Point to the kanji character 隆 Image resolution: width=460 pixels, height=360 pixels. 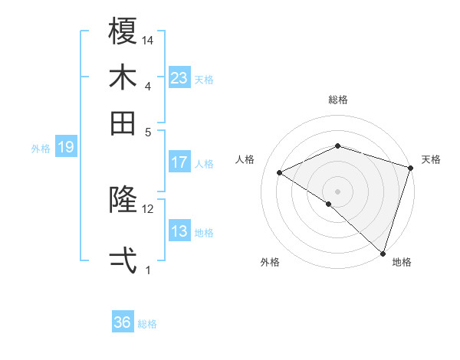(x=123, y=201)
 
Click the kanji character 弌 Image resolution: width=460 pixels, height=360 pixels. (x=123, y=261)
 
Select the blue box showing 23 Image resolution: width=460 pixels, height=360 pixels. (x=179, y=78)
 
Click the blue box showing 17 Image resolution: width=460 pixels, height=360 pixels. (x=179, y=162)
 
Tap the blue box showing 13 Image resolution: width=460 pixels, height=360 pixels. (x=179, y=231)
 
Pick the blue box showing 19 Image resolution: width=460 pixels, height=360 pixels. (x=66, y=148)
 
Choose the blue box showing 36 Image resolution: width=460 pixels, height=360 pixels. (x=123, y=322)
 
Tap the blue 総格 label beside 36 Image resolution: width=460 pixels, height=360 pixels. (x=147, y=324)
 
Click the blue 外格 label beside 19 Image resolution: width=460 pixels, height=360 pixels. (x=41, y=149)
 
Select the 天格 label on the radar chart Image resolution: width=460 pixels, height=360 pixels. (x=431, y=159)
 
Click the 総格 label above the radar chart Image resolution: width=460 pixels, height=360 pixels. (x=338, y=100)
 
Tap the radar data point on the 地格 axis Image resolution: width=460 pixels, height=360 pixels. (x=383, y=253)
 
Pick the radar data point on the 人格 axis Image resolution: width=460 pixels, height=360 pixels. (x=280, y=173)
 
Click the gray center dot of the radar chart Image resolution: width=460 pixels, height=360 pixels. (x=338, y=191)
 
